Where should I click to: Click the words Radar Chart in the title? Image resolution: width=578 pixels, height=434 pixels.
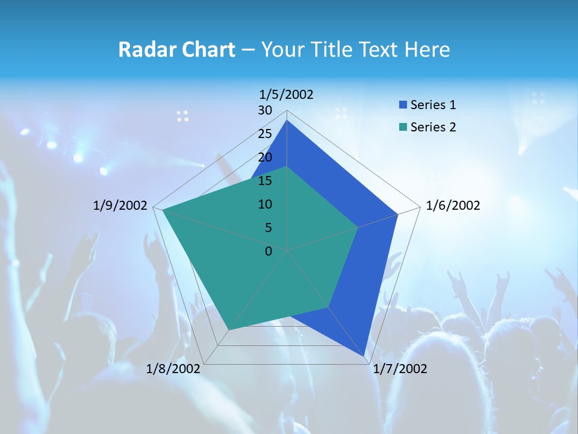click(176, 49)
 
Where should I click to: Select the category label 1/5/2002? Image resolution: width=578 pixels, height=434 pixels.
click(287, 95)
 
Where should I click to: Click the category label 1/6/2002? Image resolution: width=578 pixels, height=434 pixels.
click(453, 206)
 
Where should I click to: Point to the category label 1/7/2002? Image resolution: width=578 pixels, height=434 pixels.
click(400, 369)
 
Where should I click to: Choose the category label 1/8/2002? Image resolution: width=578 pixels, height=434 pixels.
click(173, 369)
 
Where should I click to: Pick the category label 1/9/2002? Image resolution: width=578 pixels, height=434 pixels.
click(120, 206)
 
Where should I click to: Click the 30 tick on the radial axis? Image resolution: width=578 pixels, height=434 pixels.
click(265, 110)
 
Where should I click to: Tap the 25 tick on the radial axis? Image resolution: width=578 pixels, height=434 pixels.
click(265, 134)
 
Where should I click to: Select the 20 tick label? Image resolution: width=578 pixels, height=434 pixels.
click(265, 157)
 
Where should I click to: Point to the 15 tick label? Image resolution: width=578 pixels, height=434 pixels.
click(265, 181)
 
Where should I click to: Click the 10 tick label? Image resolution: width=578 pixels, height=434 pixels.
click(265, 204)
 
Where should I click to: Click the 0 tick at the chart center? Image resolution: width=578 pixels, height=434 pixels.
click(269, 251)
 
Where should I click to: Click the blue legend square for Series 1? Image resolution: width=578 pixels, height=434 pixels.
click(403, 105)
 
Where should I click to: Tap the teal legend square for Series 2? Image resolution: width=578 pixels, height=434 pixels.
click(403, 127)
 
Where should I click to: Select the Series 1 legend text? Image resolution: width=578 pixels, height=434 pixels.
click(433, 105)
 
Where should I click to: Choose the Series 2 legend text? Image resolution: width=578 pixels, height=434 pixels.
click(433, 127)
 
